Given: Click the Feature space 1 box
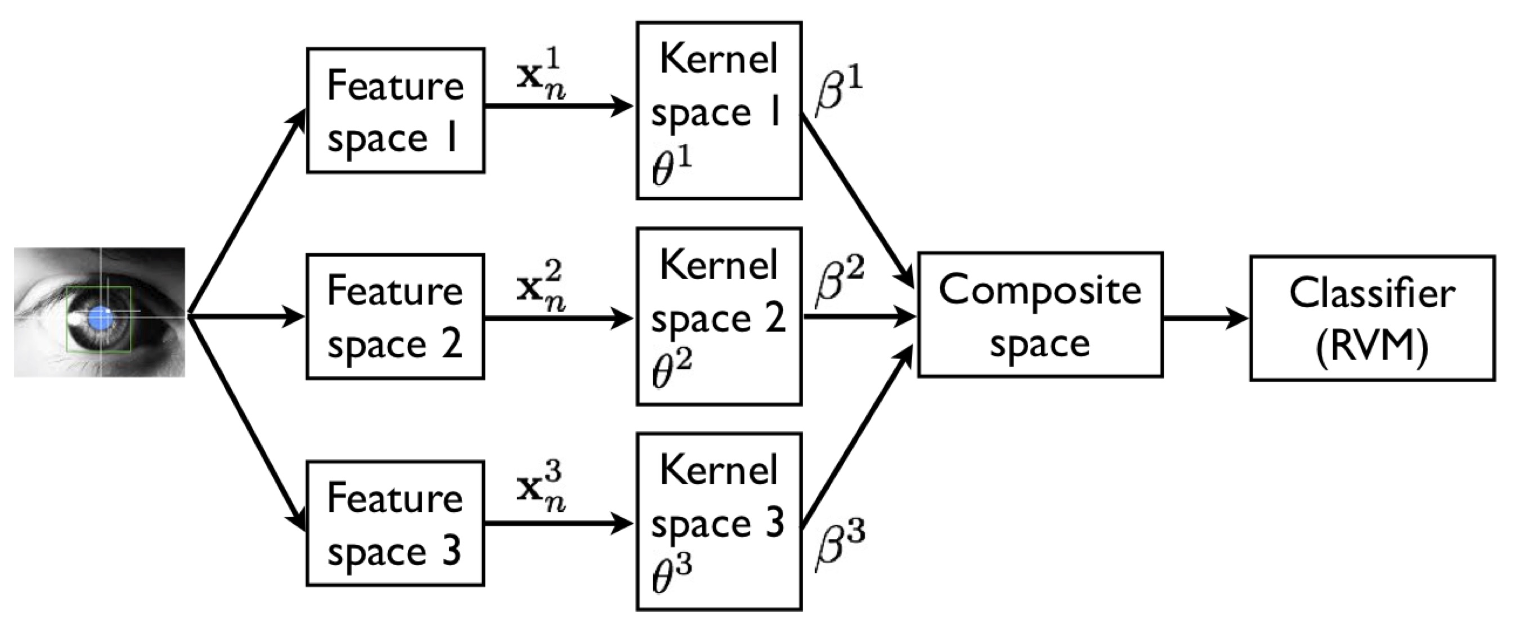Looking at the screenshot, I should click(396, 110).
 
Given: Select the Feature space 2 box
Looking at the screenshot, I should click(396, 316).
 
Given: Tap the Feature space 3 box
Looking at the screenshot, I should click(396, 523).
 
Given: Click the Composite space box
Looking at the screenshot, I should click(1040, 315).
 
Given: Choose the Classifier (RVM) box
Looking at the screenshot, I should click(1372, 318).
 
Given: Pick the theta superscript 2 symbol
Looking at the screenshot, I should click(671, 369).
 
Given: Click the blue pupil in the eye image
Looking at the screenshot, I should click(101, 318).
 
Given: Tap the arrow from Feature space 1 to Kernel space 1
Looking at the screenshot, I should click(558, 107).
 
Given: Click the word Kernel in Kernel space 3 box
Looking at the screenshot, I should click(719, 470).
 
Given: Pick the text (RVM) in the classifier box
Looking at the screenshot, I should click(1372, 347).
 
